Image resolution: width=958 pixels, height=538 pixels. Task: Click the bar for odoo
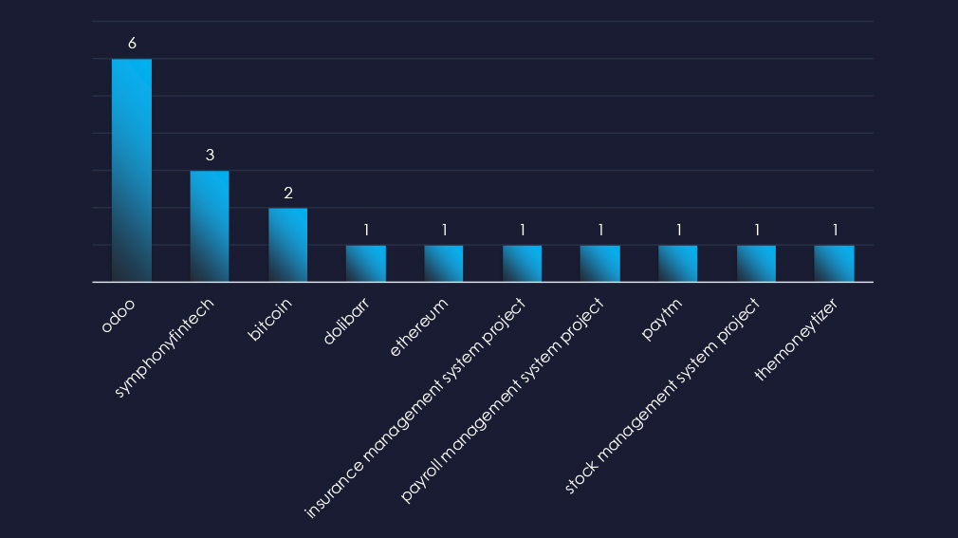coord(132,171)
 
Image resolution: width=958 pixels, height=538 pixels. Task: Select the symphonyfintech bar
coord(210,226)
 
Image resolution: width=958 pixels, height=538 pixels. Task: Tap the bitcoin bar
coord(287,245)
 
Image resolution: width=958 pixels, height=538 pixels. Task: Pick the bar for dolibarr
coord(366,264)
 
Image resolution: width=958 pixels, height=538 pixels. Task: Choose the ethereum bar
coord(444,264)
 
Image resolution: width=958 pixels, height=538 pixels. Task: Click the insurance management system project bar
coord(522,264)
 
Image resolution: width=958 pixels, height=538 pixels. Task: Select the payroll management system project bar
coord(600,264)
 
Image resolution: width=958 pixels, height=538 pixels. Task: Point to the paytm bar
coord(678,264)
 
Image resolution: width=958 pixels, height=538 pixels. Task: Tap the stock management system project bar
coord(756,264)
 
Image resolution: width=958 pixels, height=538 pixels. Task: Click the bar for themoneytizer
coord(835,264)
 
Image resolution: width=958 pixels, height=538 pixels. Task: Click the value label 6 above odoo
coord(132,43)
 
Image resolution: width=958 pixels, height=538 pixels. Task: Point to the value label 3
coord(210,155)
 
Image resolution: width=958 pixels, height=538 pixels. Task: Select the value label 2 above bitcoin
coord(287,193)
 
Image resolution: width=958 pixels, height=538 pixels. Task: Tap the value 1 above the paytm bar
coord(678,230)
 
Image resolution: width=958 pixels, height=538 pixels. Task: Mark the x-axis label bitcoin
coord(270,321)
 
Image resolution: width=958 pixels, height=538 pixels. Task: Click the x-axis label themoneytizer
coord(797,339)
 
